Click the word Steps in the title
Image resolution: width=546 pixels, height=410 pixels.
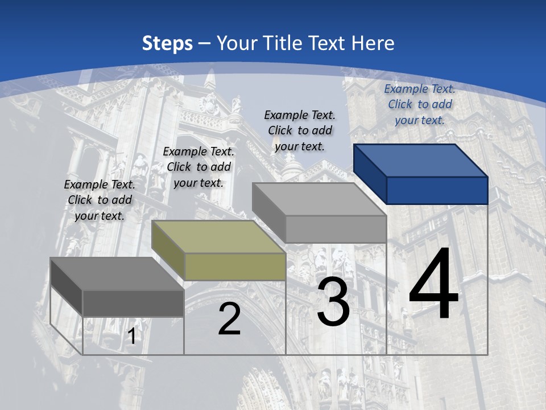[x=167, y=43]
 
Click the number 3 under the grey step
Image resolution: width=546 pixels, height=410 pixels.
[x=333, y=302]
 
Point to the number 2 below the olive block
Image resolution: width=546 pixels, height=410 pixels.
[x=229, y=319]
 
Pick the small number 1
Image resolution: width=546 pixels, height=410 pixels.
[x=132, y=336]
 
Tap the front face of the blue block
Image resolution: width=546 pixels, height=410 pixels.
[x=437, y=190]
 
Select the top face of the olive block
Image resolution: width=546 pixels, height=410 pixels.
[x=218, y=237]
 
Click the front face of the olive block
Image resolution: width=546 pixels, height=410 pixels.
[x=235, y=266]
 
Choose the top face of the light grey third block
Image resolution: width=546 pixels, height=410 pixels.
[x=319, y=199]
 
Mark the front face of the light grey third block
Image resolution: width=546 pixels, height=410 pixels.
[x=336, y=229]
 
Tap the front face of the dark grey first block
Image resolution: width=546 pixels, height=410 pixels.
[x=133, y=303]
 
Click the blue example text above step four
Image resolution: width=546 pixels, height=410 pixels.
[x=420, y=104]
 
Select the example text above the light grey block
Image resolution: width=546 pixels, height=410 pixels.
[x=300, y=130]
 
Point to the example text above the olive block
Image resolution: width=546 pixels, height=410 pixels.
[x=198, y=167]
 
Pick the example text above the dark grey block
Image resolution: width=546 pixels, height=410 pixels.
[x=100, y=200]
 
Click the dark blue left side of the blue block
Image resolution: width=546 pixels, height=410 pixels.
[x=370, y=174]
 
